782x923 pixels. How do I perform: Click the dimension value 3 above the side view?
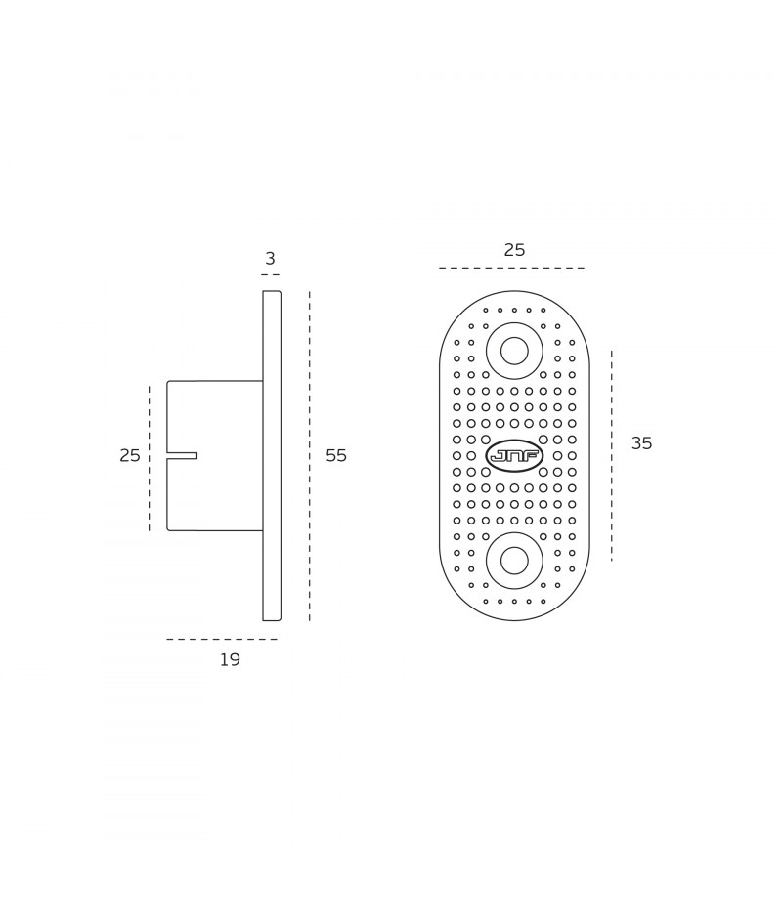(x=271, y=259)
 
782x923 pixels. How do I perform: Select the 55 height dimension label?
(x=336, y=455)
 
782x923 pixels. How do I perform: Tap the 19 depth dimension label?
(x=231, y=660)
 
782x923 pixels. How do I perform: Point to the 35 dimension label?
(x=642, y=443)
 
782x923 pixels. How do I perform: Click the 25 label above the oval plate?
(x=514, y=250)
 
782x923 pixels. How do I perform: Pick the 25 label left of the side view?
(x=130, y=455)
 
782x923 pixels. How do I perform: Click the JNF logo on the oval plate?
(x=514, y=455)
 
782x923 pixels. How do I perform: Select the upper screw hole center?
(x=514, y=352)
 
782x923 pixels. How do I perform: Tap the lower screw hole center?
(x=514, y=561)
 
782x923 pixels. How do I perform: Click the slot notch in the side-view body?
(x=182, y=455)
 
